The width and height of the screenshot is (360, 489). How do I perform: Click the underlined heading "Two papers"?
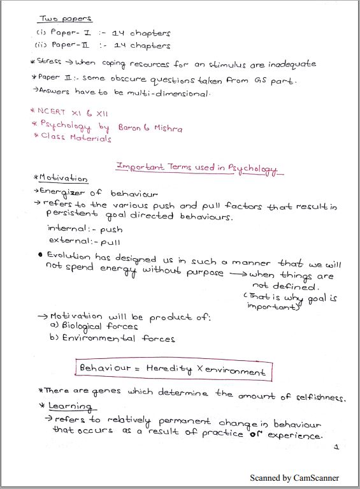pos(66,19)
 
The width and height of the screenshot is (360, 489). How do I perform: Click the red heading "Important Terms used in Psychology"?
pos(197,167)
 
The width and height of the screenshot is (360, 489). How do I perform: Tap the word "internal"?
pos(68,229)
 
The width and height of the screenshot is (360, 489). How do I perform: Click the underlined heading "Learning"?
pos(69,407)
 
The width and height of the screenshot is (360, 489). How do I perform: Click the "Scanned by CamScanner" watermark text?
pos(294,478)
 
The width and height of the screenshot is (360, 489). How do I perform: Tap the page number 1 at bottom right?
pos(336,448)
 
